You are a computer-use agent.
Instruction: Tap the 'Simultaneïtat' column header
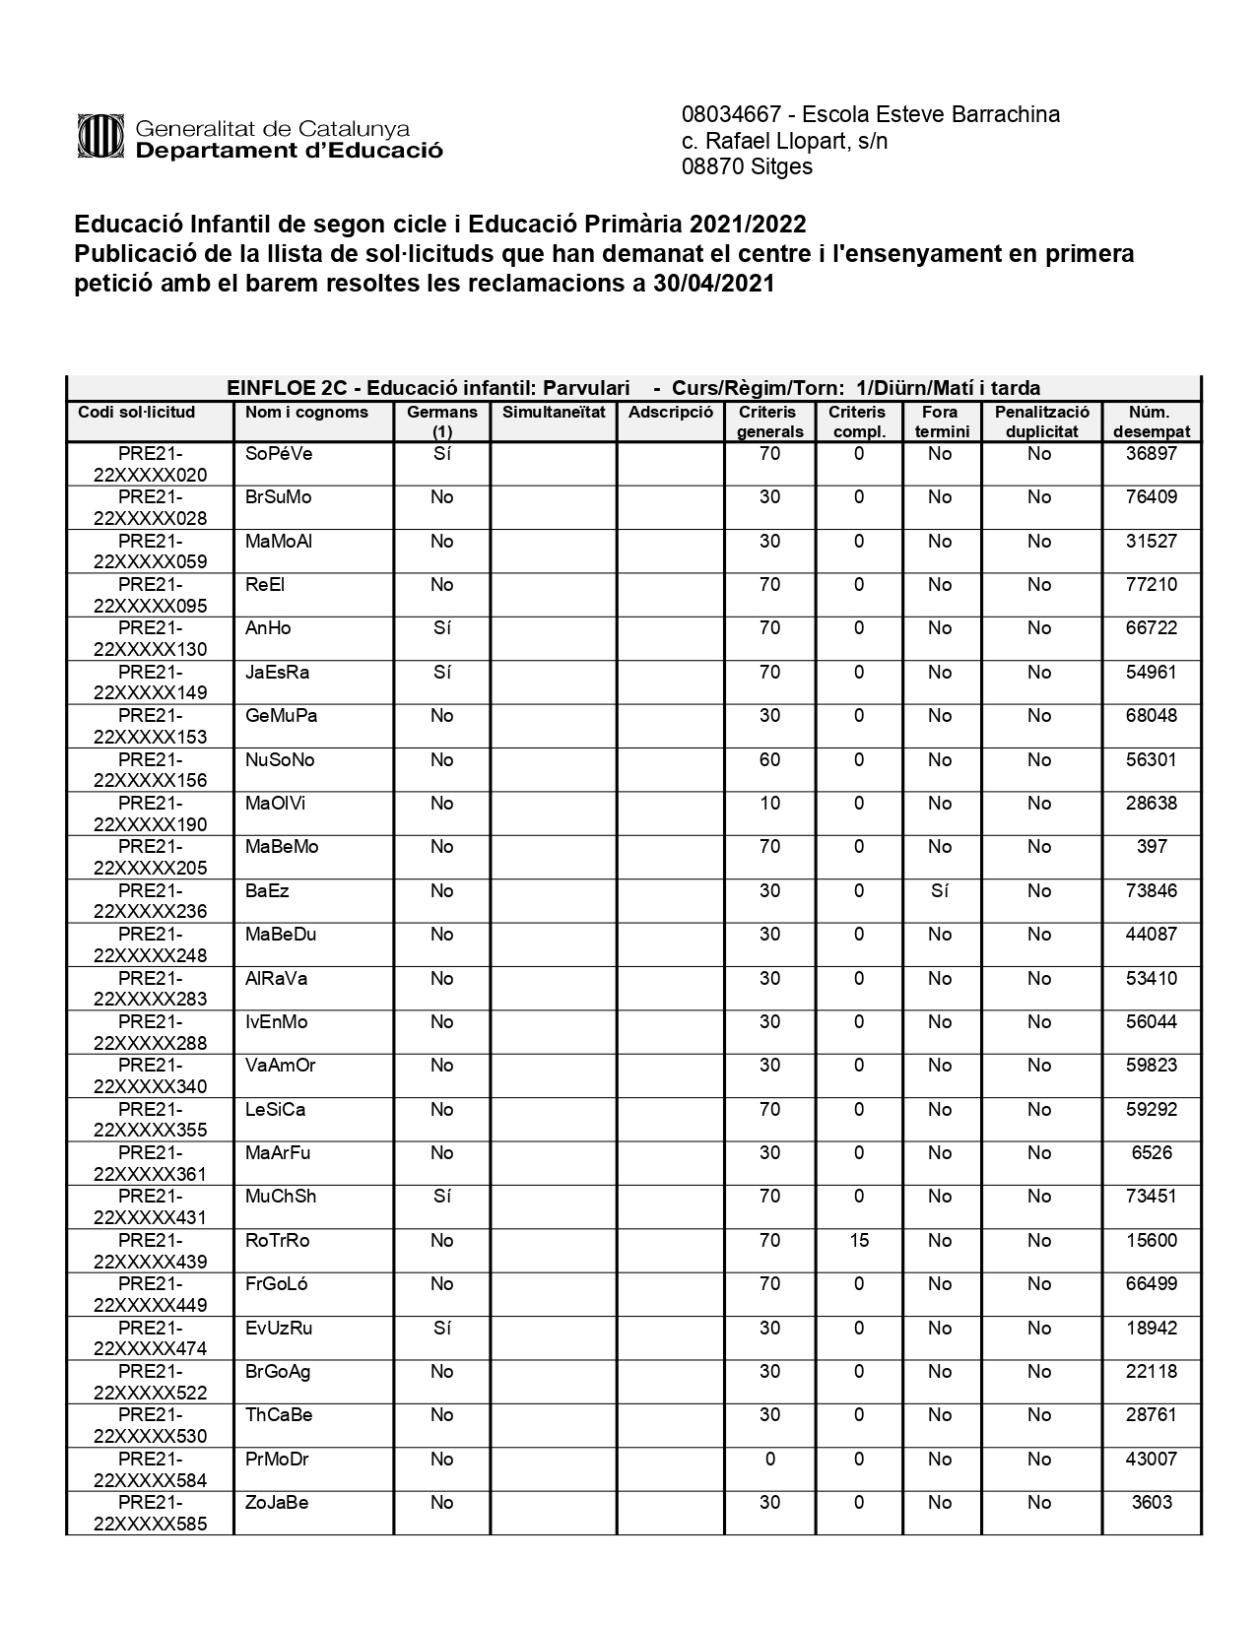554,412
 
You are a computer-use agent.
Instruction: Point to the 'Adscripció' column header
670,412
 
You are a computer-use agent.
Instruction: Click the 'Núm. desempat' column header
1151,422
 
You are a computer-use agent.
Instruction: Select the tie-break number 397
1151,846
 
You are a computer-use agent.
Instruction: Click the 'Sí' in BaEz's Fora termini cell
940,890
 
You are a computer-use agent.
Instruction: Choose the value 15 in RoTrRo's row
859,1240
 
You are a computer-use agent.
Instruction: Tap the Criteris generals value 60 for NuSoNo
769,759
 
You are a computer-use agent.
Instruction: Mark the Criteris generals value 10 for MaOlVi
769,803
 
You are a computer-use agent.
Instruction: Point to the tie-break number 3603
1151,1502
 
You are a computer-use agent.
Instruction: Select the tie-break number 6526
1151,1152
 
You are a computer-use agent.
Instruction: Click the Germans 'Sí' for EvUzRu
441,1328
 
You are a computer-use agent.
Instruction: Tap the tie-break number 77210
1151,584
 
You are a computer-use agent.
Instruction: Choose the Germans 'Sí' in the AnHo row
441,627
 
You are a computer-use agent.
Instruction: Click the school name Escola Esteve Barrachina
931,114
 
